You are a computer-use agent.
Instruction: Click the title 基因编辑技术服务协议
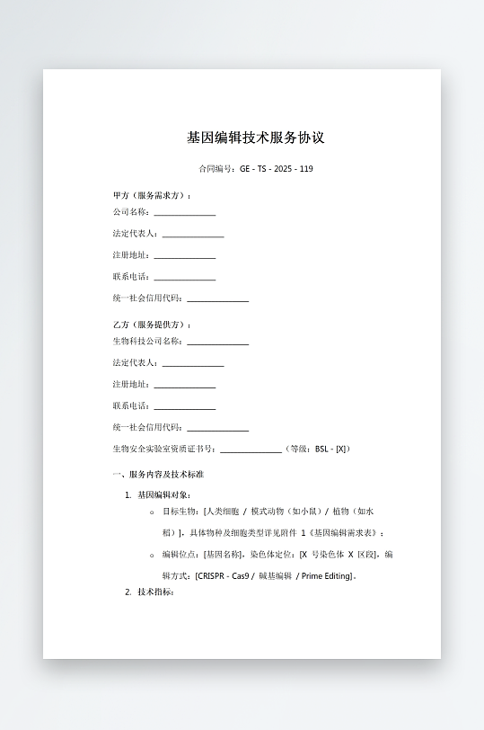pos(255,138)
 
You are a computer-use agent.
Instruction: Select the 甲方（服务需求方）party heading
pos(152,195)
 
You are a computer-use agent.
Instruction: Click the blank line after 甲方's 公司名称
pos(184,213)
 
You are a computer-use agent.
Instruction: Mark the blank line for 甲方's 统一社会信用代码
pos(217,298)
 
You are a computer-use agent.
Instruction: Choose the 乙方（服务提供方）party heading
pos(152,325)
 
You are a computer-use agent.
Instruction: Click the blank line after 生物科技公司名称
pos(217,342)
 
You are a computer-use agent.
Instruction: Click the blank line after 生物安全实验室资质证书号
pos(251,450)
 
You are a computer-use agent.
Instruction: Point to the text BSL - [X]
pos(331,449)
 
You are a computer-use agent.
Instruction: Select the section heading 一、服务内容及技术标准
pos(157,474)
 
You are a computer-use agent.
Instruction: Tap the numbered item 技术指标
pos(154,592)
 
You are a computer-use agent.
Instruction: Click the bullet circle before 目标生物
pos(152,512)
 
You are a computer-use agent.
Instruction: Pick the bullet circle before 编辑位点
pos(152,555)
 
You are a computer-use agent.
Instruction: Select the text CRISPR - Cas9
pos(222,576)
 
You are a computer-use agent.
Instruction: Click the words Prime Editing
pos(326,576)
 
